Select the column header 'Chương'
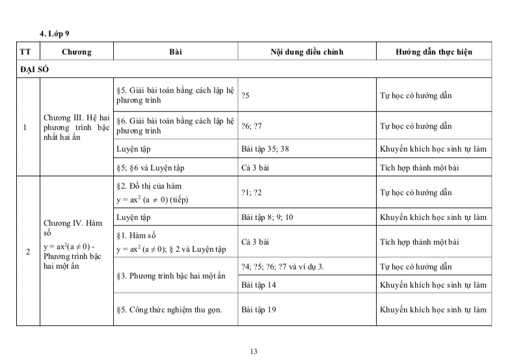point(77,51)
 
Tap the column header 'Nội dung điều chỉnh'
point(306,51)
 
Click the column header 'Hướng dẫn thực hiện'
point(433,51)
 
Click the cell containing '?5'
point(245,96)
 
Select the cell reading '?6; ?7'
point(250,126)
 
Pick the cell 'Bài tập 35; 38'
point(265,149)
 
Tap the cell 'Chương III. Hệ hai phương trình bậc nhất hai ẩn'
point(76,127)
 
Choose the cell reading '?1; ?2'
point(250,193)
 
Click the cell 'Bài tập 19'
point(258,310)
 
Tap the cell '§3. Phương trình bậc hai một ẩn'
point(170,276)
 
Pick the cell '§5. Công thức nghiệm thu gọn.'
point(169,310)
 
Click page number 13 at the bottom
point(254,352)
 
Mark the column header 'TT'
point(25,51)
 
